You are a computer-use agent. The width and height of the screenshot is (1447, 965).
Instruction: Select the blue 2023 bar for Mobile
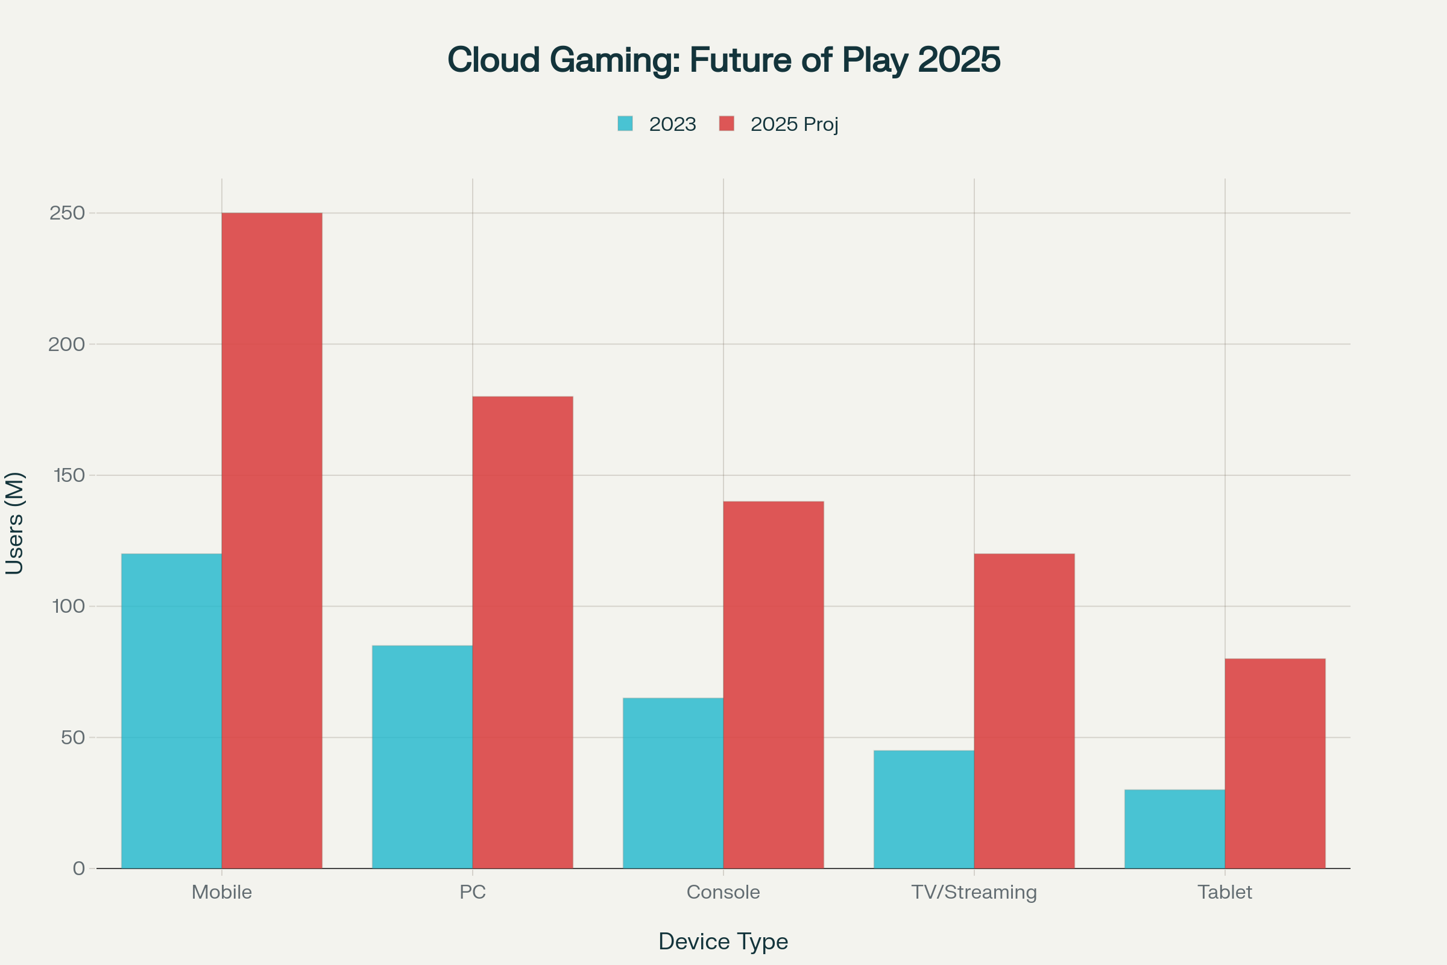[171, 711]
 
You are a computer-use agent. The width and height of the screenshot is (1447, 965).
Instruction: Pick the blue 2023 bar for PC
[422, 757]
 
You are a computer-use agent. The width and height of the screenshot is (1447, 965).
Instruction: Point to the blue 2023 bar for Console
[672, 783]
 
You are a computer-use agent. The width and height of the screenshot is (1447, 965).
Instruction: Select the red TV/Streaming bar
[1024, 711]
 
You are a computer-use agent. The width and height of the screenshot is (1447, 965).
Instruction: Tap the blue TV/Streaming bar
[924, 809]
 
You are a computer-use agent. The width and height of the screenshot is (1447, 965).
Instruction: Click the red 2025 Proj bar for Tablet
[1275, 763]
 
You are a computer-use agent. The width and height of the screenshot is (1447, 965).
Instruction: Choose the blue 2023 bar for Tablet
[1174, 829]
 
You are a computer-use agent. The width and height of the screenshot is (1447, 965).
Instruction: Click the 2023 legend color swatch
[625, 124]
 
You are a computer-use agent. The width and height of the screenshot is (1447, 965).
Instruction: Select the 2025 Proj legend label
[794, 124]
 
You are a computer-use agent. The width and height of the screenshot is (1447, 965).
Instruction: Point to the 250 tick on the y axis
[67, 213]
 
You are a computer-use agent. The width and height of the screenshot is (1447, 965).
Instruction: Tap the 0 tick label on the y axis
[79, 868]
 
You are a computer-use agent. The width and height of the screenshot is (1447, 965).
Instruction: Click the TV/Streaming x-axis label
[974, 892]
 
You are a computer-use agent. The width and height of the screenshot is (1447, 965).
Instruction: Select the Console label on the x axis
[723, 892]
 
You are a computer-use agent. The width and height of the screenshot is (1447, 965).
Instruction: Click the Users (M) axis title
[14, 523]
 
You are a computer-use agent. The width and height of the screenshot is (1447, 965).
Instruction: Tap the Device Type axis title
[723, 941]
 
